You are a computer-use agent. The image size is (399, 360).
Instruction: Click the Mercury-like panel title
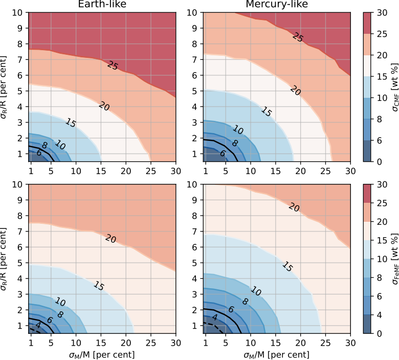pyautogui.click(x=277, y=5)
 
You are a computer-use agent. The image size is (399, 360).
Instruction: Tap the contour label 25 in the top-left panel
pyautogui.click(x=114, y=65)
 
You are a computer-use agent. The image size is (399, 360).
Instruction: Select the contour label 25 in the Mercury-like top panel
pyautogui.click(x=298, y=36)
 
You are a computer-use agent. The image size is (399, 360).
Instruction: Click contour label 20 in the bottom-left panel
pyautogui.click(x=110, y=238)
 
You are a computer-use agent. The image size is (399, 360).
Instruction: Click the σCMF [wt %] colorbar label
pyautogui.click(x=393, y=87)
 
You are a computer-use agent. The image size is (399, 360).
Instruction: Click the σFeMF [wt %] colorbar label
pyautogui.click(x=393, y=259)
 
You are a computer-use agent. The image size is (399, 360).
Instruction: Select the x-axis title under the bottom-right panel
pyautogui.click(x=277, y=354)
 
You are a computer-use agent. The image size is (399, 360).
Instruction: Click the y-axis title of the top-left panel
pyautogui.click(x=7, y=87)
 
